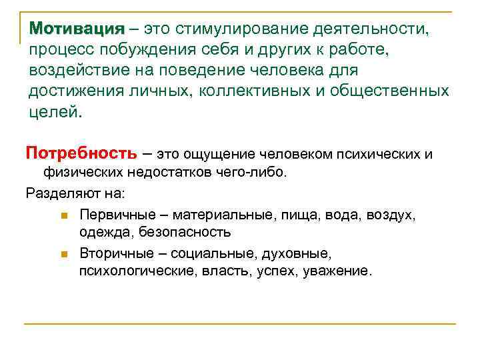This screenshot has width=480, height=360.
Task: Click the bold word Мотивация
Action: click(x=77, y=29)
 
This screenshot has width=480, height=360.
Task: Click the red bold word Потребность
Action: click(x=81, y=153)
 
